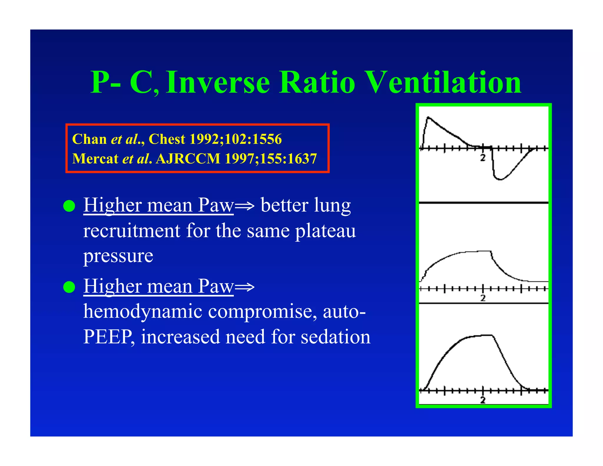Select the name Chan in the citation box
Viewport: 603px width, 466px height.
coord(89,139)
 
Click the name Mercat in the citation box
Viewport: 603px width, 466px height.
coord(95,159)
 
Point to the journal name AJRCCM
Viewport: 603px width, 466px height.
coord(188,159)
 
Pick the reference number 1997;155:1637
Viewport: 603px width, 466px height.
coord(271,159)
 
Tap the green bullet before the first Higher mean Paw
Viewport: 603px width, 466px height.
coord(69,206)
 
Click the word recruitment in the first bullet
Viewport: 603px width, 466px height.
coord(132,231)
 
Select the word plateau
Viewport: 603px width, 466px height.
coord(325,231)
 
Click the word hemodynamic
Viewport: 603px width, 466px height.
coord(143,312)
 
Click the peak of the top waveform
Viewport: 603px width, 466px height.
coord(428,117)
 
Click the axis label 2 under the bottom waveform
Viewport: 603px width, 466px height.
coord(483,400)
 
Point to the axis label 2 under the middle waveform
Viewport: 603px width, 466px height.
coord(483,298)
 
